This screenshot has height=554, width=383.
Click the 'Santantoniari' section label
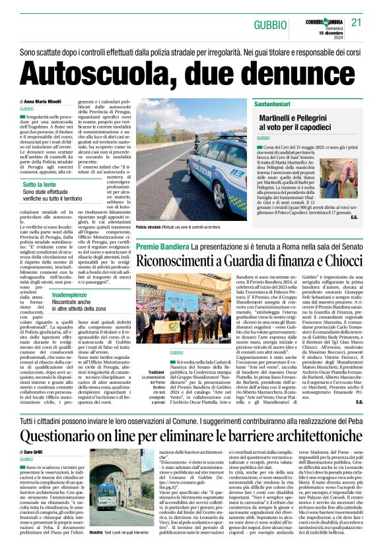pos(280,104)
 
